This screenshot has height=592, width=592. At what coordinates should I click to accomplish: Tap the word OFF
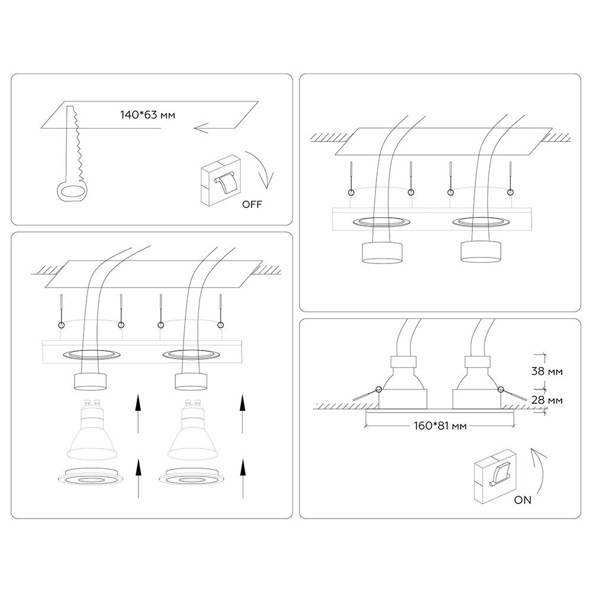pos(251,205)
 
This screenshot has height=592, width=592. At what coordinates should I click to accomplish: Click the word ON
pos(523,500)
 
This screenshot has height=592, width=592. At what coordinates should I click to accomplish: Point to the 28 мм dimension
pos(547,400)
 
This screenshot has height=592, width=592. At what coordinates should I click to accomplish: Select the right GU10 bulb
pos(191,432)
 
